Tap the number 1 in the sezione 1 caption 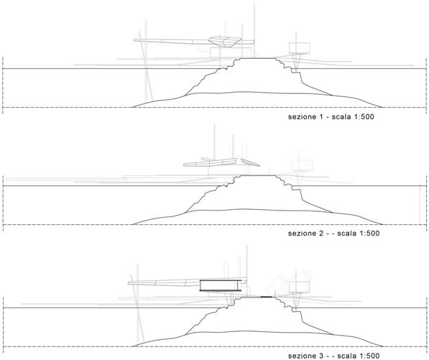321,117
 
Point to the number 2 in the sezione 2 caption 321,234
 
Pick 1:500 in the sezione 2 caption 369,234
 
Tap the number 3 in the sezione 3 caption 321,356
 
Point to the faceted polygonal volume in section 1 225,42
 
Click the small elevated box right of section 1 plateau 300,48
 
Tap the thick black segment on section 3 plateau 266,297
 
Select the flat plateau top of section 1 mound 257,58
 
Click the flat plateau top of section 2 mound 257,175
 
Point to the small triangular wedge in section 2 250,162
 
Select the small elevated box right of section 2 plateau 303,165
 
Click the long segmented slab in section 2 210,162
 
